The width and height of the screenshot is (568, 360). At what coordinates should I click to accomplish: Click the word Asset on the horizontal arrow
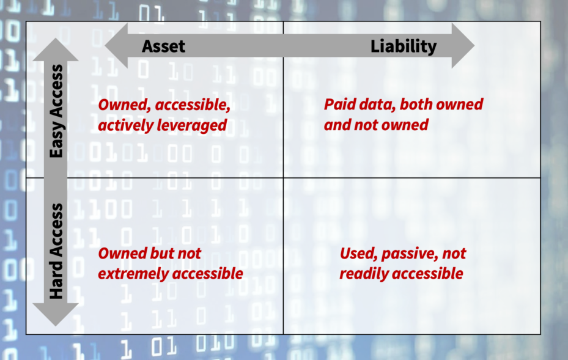coord(163,46)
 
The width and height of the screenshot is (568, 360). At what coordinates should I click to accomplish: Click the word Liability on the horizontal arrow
coord(404,46)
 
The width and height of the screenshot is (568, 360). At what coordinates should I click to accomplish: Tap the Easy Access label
coord(56,111)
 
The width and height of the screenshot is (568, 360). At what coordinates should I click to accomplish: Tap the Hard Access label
coord(56,251)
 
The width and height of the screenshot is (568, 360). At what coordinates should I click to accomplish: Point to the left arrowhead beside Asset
coord(116,46)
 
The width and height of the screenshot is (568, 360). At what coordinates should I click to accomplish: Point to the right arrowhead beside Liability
coord(463,46)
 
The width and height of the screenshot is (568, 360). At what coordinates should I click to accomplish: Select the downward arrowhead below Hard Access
coord(56,314)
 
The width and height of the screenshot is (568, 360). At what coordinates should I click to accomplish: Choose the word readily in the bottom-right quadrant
coord(364,274)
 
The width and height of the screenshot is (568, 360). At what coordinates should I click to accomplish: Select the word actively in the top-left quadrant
coord(126,126)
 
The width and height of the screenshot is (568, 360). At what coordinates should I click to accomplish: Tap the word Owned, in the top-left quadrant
coord(125,105)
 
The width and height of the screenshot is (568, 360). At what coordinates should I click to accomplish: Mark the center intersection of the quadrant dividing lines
coord(283,178)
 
